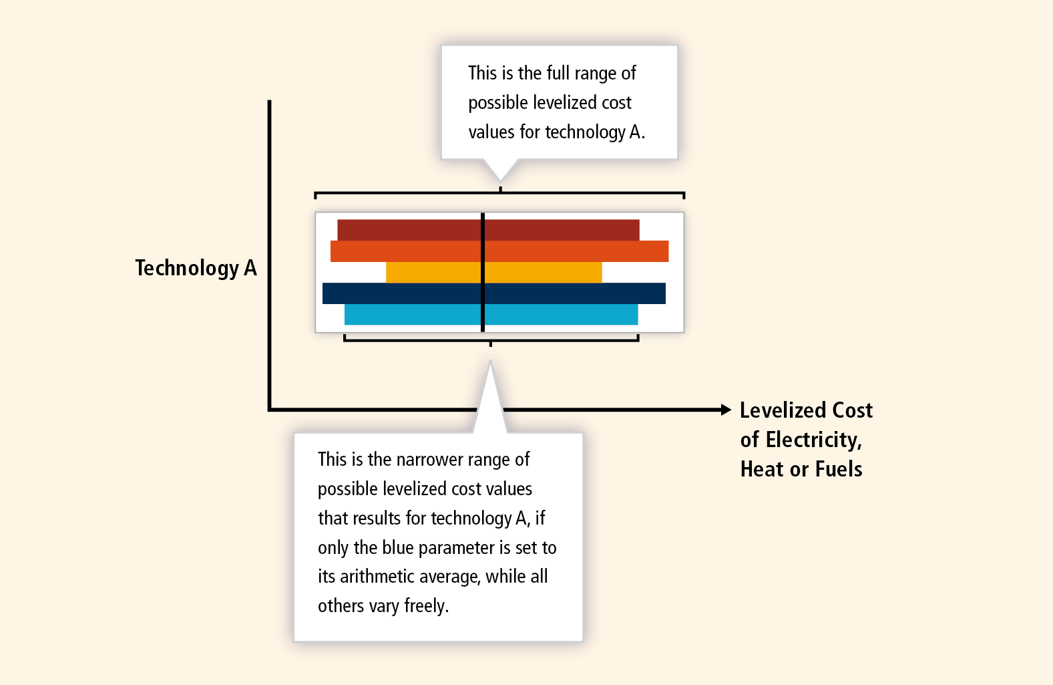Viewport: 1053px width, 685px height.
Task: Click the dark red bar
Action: click(x=488, y=230)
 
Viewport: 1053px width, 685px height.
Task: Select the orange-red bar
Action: click(x=499, y=251)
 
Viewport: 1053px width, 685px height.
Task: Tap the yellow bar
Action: click(x=493, y=272)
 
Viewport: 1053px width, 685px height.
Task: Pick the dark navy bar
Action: click(x=493, y=293)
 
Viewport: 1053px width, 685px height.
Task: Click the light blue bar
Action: click(x=491, y=314)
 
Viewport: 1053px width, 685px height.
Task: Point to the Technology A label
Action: click(x=196, y=268)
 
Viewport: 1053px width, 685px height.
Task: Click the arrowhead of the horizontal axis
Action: click(x=726, y=410)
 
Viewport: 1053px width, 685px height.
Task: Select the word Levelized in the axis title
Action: click(x=783, y=410)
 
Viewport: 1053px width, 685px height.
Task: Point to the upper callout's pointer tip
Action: click(x=500, y=181)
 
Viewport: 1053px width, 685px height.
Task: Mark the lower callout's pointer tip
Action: click(x=490, y=362)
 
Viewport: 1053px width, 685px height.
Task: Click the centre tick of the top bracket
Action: click(x=501, y=190)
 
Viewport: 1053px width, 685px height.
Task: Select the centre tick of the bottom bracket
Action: click(x=491, y=344)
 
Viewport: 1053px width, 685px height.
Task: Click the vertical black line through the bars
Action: click(x=483, y=273)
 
